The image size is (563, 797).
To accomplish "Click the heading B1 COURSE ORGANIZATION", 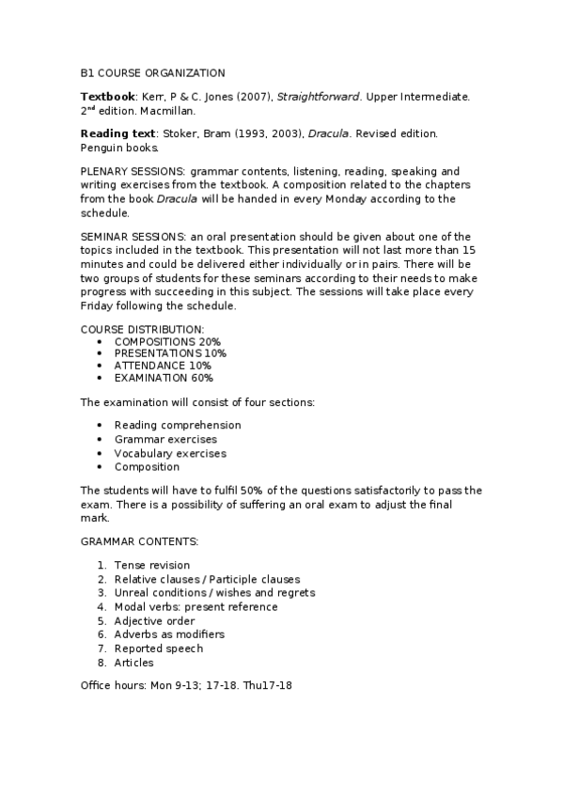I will click(152, 72).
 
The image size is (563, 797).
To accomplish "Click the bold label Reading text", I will click(118, 134).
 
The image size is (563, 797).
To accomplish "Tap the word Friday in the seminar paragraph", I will click(96, 306).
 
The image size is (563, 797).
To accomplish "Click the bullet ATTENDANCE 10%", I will click(163, 366).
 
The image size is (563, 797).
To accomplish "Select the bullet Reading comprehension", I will click(178, 425).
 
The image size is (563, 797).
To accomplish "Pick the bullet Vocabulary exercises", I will click(170, 453).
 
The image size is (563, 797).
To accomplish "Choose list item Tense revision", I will click(152, 566).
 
